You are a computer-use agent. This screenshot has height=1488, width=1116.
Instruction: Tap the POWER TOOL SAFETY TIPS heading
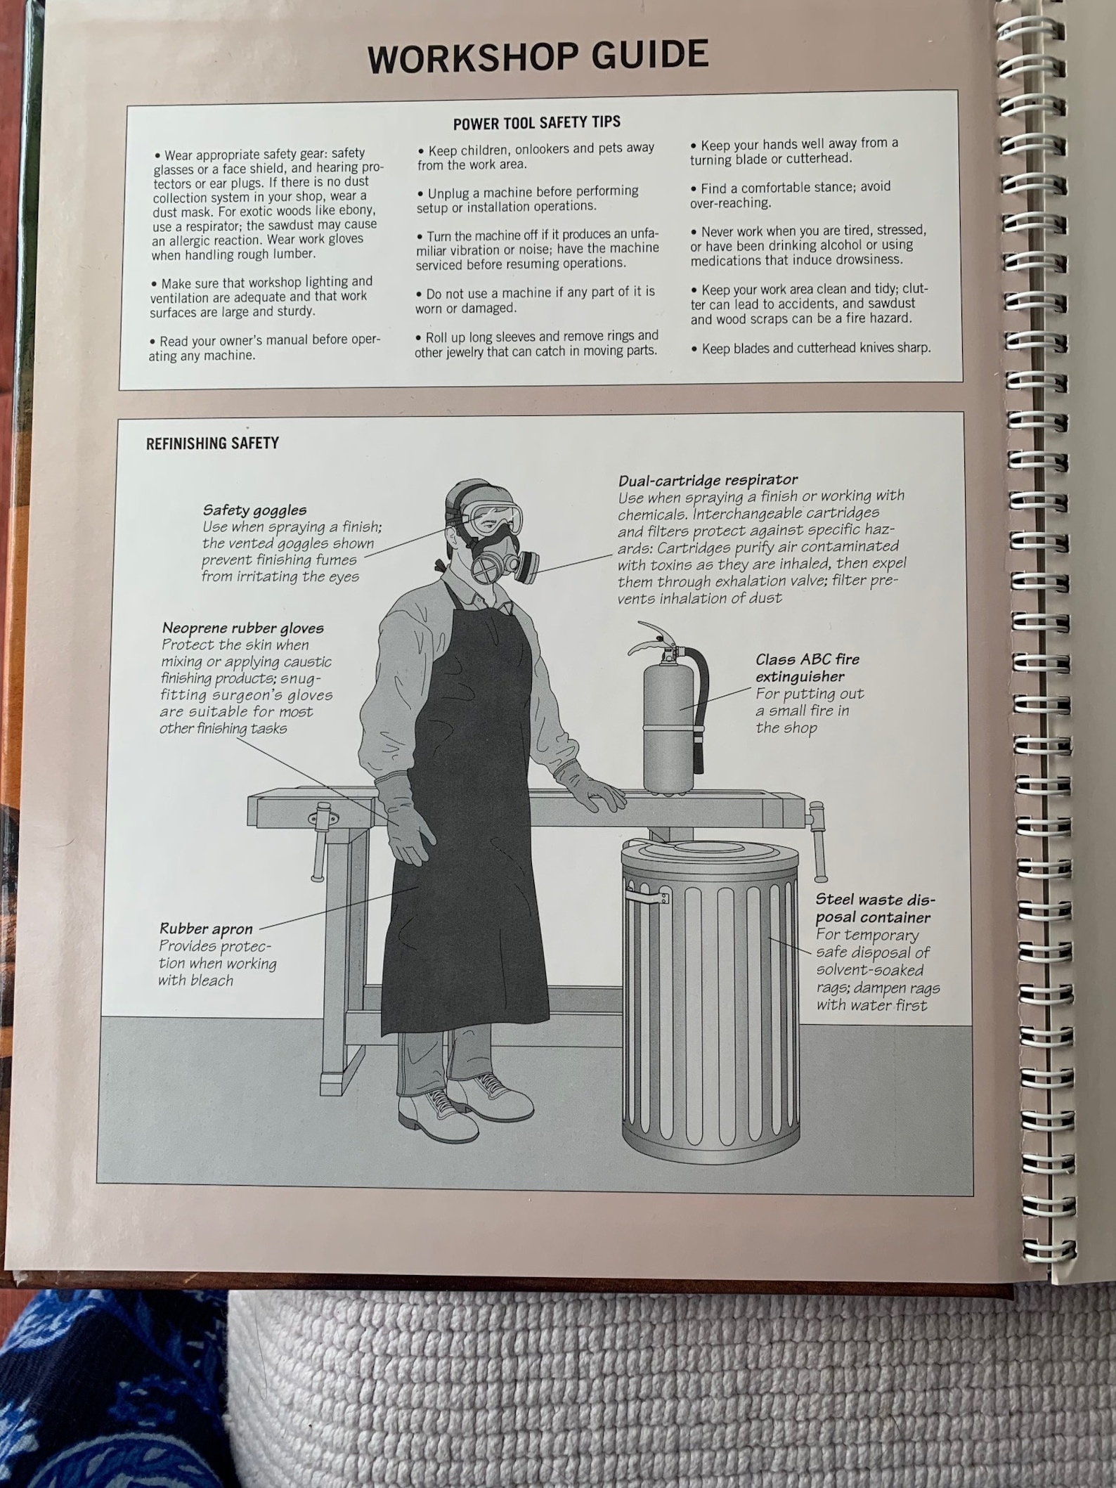pyautogui.click(x=536, y=123)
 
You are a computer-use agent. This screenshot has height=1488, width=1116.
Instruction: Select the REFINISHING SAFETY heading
pyautogui.click(x=212, y=444)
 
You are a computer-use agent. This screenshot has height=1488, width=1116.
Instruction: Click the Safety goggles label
pyautogui.click(x=254, y=510)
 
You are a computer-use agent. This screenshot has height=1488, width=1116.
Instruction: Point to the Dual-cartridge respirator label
pyautogui.click(x=708, y=480)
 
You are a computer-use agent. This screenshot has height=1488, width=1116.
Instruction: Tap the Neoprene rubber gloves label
pyautogui.click(x=242, y=628)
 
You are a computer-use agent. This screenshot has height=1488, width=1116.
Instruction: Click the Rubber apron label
pyautogui.click(x=205, y=929)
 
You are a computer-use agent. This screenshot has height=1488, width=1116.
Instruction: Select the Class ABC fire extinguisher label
pyautogui.click(x=807, y=668)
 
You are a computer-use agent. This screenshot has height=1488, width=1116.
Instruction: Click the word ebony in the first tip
pyautogui.click(x=355, y=211)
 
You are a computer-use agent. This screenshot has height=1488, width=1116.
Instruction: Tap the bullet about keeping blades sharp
pyautogui.click(x=810, y=348)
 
